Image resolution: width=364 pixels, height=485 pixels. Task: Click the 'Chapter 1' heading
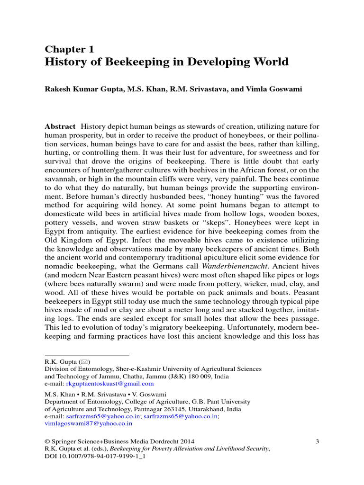click(x=69, y=49)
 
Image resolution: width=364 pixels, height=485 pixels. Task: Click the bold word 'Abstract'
click(x=60, y=126)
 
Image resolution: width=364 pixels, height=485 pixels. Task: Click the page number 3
click(x=317, y=442)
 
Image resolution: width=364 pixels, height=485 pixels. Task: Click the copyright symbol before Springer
click(x=47, y=442)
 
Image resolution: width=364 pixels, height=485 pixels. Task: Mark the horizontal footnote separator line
click(x=87, y=354)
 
